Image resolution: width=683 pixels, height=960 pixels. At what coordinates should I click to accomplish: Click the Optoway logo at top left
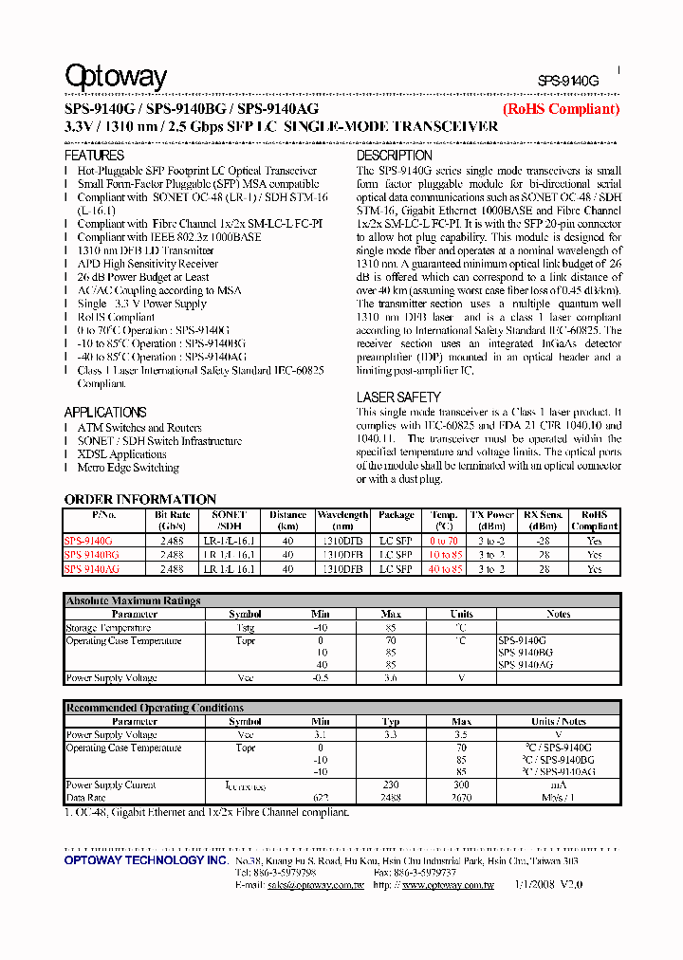point(116,77)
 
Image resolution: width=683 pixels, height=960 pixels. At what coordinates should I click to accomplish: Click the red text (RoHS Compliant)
point(561,109)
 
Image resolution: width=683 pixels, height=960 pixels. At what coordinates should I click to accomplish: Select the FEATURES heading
point(94,155)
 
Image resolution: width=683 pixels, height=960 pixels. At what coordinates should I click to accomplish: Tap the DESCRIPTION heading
point(394,155)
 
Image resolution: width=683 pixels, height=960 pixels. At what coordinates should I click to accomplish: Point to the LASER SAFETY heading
point(398,397)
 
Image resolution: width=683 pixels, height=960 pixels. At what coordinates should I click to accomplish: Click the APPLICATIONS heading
point(105,412)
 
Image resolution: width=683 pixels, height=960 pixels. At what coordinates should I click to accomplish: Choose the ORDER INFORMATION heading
point(140,499)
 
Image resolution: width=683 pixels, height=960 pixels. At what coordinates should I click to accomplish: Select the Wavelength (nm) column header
point(342,520)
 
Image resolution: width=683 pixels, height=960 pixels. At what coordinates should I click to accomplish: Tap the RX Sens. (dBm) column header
point(544,520)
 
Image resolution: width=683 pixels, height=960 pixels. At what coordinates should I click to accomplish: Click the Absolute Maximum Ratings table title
point(133,600)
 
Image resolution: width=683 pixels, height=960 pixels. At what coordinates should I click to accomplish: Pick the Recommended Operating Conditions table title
point(155,708)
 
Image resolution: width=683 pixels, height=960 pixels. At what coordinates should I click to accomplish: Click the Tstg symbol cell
point(246,628)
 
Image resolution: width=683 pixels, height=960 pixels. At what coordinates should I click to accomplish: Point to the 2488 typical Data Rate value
point(391,799)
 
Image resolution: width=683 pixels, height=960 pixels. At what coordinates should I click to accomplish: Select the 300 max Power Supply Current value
point(461,785)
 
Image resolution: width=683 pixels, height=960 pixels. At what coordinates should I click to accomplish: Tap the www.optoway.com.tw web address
point(448,885)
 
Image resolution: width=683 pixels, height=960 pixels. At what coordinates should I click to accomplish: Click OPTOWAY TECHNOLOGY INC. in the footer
point(146,859)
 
